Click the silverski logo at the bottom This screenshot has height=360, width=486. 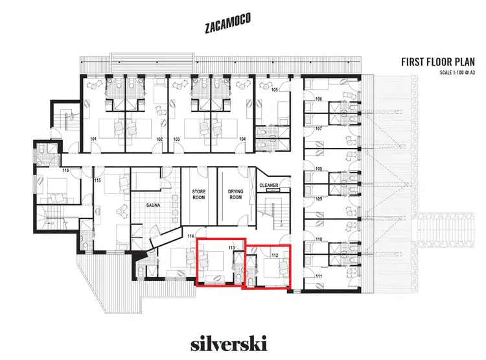227,342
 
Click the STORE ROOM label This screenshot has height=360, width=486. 198,195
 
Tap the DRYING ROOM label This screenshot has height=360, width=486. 235,195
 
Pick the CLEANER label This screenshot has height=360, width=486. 269,186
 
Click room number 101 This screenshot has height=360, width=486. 93,139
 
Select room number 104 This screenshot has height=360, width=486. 242,139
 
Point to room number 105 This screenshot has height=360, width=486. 274,90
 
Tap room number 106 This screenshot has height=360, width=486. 319,99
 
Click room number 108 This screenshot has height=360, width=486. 319,169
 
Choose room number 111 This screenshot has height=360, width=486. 319,276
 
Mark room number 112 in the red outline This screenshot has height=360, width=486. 275,255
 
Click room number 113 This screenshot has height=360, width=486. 231,248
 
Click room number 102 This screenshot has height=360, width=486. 159,139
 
